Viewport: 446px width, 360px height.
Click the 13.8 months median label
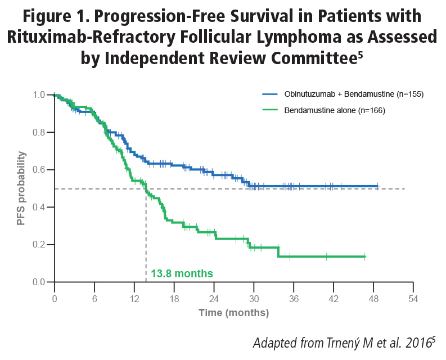[x=182, y=274]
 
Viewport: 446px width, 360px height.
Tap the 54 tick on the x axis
[x=413, y=298]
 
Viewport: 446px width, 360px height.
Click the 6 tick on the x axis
[x=94, y=298]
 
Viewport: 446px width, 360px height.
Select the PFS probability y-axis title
[x=21, y=188]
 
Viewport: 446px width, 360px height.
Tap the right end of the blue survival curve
[x=378, y=186]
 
